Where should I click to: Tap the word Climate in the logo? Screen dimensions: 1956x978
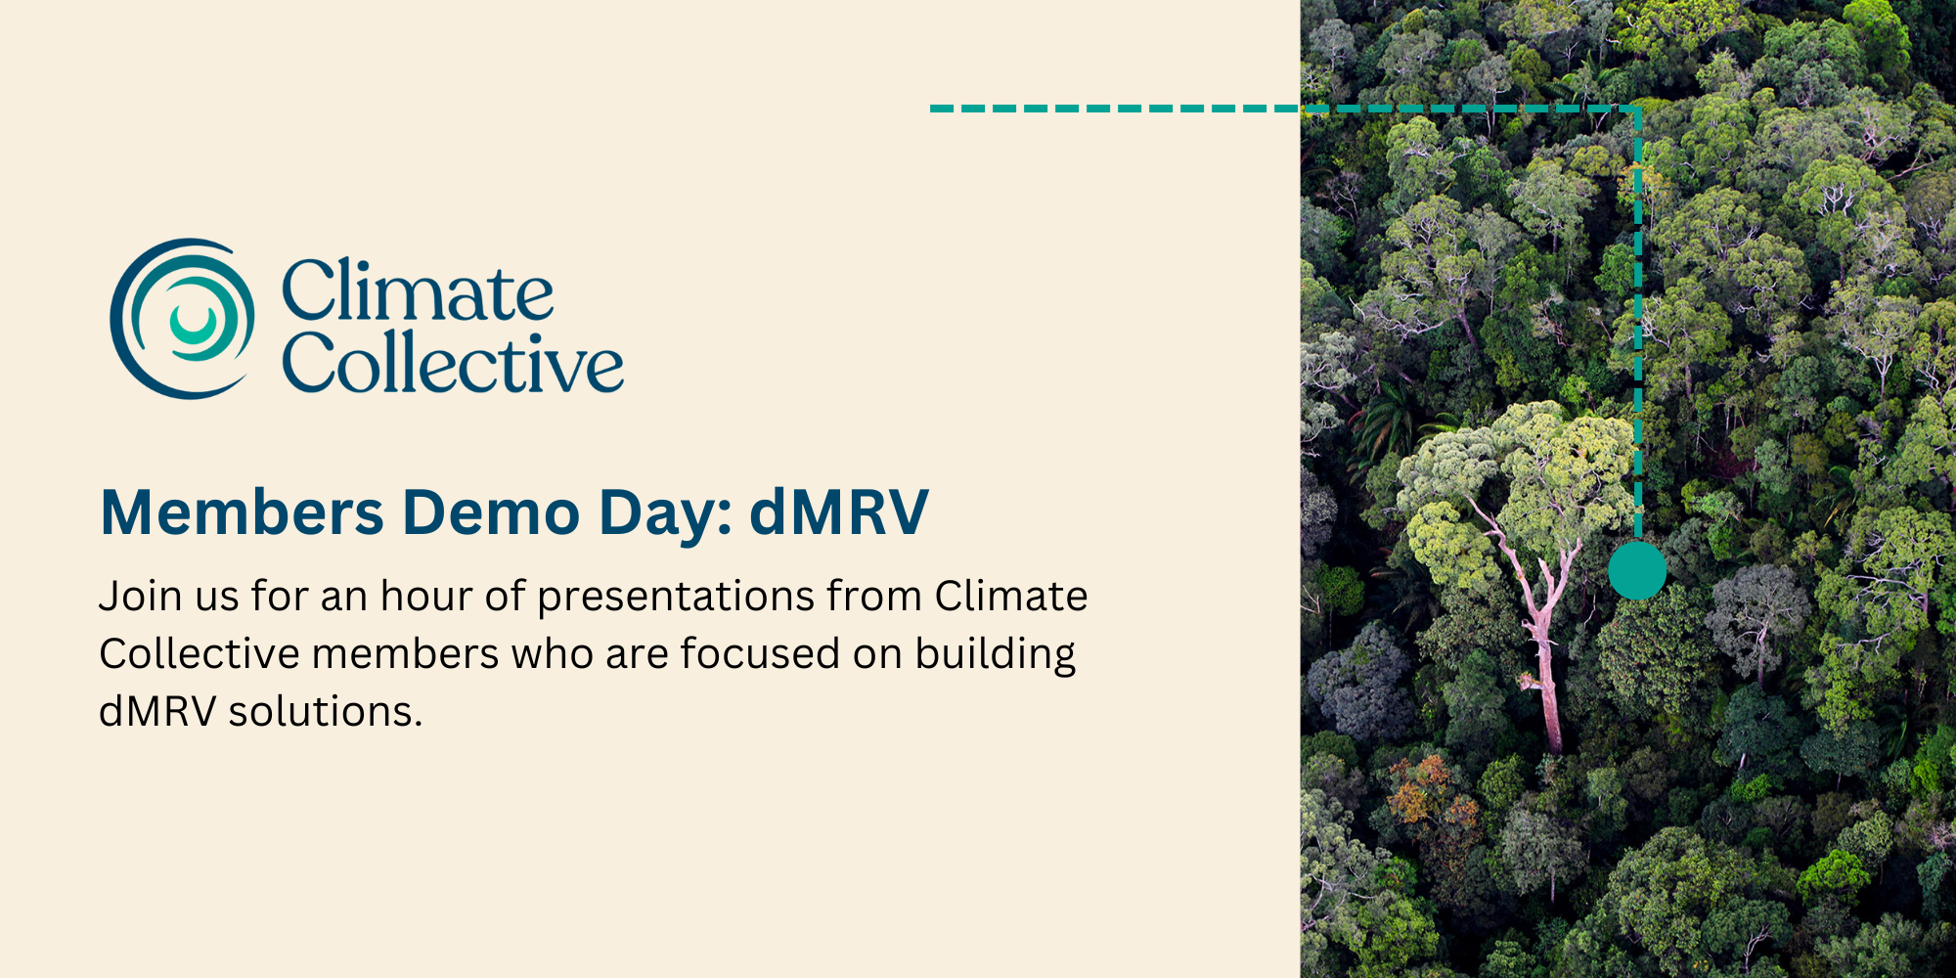click(x=418, y=290)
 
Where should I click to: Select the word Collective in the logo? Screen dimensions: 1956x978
click(x=452, y=362)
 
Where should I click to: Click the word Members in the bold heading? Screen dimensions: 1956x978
click(x=243, y=511)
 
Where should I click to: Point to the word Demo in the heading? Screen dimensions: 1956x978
click(x=492, y=511)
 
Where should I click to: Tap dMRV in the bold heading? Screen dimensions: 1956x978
click(x=839, y=511)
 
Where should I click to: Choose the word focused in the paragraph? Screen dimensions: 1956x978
click(x=760, y=653)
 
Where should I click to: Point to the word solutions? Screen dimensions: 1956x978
click(x=325, y=711)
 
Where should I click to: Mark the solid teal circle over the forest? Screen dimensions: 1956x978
click(x=1637, y=570)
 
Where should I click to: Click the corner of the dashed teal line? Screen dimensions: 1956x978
click(x=1638, y=109)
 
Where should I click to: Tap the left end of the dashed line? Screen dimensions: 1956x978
click(x=932, y=109)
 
